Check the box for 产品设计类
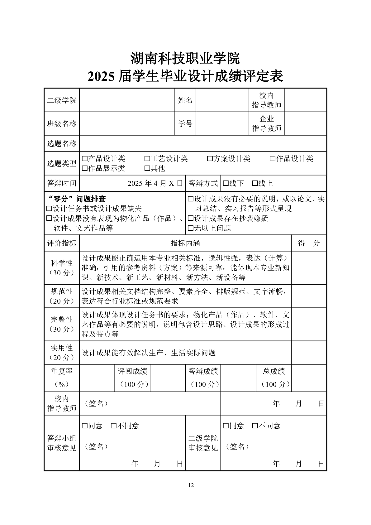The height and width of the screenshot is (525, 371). (x=84, y=159)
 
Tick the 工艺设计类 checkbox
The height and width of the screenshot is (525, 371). (x=147, y=159)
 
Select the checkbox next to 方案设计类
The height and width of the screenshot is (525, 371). (x=210, y=159)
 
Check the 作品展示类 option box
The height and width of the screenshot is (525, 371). (x=84, y=169)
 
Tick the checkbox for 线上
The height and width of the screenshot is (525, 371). (x=255, y=183)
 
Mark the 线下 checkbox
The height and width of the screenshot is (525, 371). (x=226, y=183)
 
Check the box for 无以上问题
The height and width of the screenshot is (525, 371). (x=191, y=229)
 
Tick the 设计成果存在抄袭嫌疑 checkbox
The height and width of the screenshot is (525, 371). (x=191, y=219)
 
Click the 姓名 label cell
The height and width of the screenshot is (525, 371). (x=185, y=100)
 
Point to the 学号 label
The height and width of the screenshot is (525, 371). (x=185, y=123)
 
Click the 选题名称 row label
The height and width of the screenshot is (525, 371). (x=62, y=143)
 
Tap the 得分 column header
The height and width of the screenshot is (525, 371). (x=309, y=243)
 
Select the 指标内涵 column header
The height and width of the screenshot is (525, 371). (x=185, y=243)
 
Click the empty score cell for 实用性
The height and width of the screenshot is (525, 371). (x=309, y=353)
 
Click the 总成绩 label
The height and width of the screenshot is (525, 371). (x=274, y=371)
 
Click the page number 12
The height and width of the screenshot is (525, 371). (x=191, y=485)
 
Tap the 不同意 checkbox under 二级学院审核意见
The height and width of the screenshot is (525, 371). (x=255, y=426)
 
